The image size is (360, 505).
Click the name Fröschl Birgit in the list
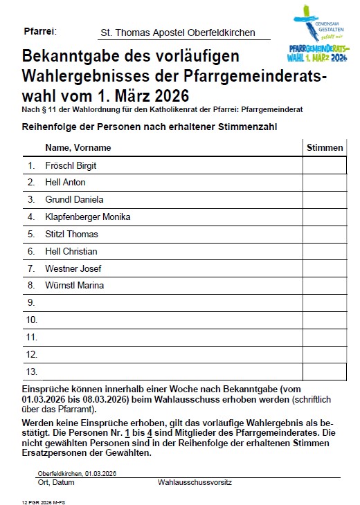(x=71, y=165)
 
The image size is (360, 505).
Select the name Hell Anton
(x=65, y=183)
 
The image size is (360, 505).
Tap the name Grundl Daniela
(x=74, y=200)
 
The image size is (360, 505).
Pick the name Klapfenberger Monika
(x=87, y=217)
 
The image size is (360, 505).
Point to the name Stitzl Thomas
(x=71, y=234)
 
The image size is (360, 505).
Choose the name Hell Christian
(x=71, y=251)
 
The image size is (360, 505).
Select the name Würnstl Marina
(x=74, y=286)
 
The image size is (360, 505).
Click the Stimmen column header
(x=324, y=147)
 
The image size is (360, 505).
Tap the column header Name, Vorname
(x=78, y=147)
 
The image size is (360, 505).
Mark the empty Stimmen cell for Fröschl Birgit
(x=324, y=165)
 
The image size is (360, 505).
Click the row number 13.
(x=31, y=371)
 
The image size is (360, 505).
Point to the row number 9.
(x=31, y=302)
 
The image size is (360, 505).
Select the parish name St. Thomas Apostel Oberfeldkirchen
(x=177, y=33)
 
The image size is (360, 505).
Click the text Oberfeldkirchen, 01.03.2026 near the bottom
(x=77, y=473)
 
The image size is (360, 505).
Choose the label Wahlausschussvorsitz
(x=194, y=481)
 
